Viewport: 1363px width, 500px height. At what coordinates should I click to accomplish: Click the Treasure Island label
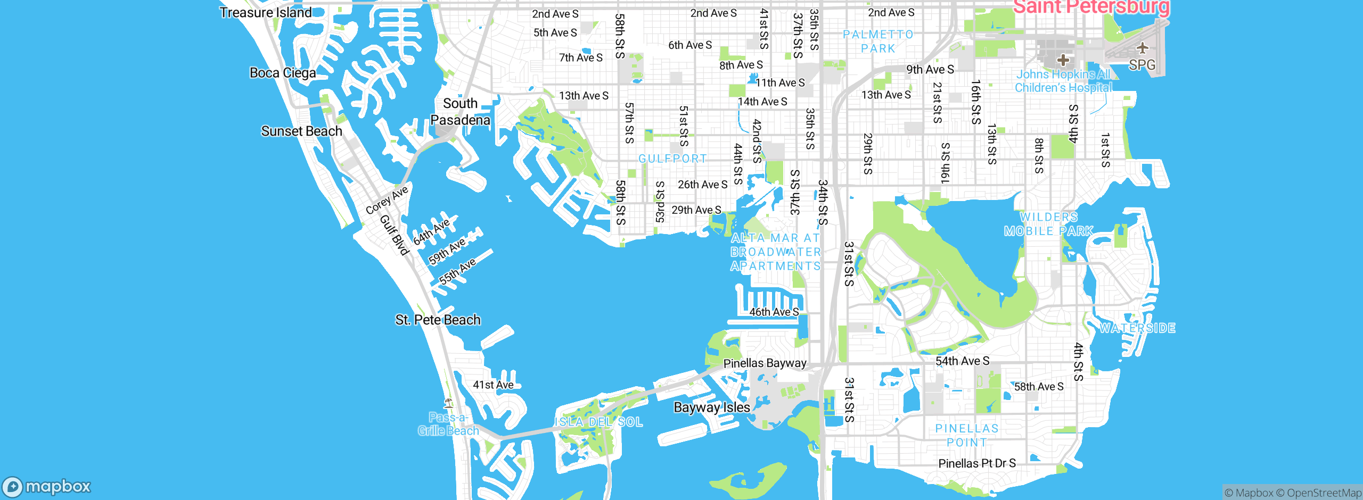(x=265, y=12)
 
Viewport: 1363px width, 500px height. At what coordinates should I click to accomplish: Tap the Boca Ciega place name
(x=283, y=73)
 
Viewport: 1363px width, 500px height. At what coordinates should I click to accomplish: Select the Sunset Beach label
(x=301, y=131)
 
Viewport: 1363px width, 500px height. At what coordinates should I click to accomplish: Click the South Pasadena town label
(x=460, y=112)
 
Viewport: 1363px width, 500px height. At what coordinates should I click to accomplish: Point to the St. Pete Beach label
(x=438, y=320)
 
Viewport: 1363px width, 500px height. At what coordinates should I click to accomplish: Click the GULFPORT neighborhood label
(x=672, y=159)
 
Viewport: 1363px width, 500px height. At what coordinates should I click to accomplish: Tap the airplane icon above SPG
(x=1142, y=48)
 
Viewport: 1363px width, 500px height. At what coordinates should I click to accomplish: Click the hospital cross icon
(x=1063, y=60)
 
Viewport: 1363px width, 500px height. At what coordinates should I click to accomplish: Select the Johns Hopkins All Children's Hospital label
(x=1063, y=81)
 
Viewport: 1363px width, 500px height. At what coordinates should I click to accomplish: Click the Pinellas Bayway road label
(x=765, y=363)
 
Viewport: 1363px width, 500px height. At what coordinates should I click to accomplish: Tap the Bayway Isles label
(x=711, y=407)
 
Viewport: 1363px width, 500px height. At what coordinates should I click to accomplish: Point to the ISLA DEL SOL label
(x=598, y=422)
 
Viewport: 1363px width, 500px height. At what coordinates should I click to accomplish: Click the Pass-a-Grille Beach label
(x=448, y=424)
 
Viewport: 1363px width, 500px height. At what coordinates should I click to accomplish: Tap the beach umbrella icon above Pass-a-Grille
(x=448, y=403)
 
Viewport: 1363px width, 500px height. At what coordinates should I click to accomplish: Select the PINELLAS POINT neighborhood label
(x=967, y=435)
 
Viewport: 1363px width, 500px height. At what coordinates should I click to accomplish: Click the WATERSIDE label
(x=1137, y=328)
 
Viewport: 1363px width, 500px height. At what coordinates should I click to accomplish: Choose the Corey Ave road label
(x=387, y=199)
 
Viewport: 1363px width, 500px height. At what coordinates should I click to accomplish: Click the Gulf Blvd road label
(x=395, y=235)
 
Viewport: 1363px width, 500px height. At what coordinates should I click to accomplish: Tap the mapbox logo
(x=47, y=486)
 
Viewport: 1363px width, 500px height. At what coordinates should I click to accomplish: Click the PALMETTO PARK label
(x=878, y=41)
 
